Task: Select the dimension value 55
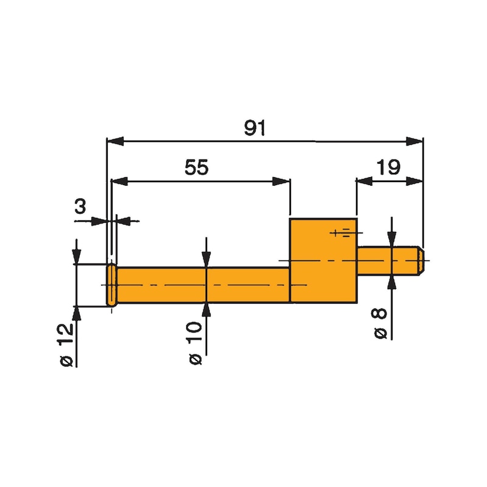point(196,168)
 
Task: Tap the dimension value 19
point(388,167)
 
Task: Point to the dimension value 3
point(80,207)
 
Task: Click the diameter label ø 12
point(67,345)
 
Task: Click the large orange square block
point(323,261)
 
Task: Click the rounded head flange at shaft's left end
point(112,285)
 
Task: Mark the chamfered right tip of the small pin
point(421,261)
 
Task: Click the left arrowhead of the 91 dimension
point(114,141)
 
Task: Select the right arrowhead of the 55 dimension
point(281,181)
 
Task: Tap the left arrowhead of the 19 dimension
point(363,181)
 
